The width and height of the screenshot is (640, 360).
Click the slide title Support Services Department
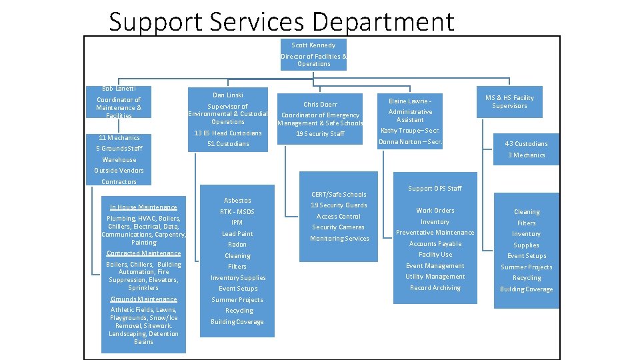tap(281, 21)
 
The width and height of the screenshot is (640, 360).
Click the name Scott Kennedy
tap(313, 45)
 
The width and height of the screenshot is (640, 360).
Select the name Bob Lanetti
tap(119, 89)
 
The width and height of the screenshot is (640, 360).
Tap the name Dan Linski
tap(228, 95)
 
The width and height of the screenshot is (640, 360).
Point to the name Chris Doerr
tap(320, 105)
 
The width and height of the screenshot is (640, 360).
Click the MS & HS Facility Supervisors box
tap(509, 102)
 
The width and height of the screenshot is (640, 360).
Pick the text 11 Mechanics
tap(119, 138)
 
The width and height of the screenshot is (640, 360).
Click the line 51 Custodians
tap(228, 144)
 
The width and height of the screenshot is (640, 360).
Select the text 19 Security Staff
tap(320, 134)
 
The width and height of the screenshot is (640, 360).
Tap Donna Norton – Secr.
tap(410, 142)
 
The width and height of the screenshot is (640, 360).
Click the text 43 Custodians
tap(526, 144)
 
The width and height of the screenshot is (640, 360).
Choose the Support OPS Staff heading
tap(435, 189)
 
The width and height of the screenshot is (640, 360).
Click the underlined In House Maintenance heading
tap(143, 207)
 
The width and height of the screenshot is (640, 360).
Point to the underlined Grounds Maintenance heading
tap(143, 299)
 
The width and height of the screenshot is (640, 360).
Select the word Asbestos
tap(237, 201)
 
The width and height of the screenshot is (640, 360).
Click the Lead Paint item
tap(237, 234)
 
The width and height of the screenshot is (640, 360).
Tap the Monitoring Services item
tap(339, 239)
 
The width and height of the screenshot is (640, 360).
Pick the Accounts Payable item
tap(435, 244)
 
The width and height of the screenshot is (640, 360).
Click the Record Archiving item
tap(435, 288)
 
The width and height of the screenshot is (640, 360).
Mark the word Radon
tap(237, 245)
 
